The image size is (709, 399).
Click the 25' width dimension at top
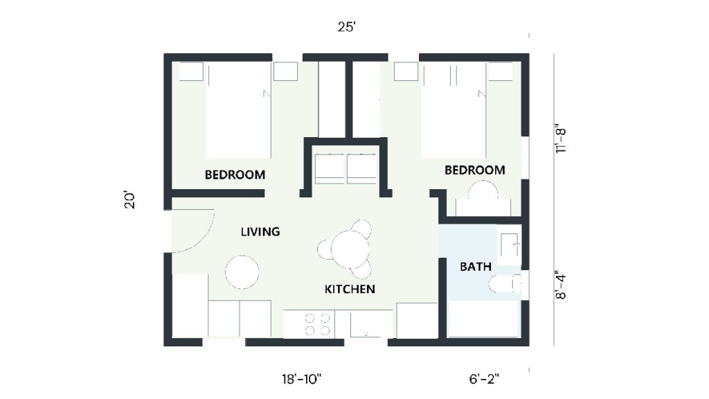(x=347, y=28)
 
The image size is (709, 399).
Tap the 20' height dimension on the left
(x=129, y=200)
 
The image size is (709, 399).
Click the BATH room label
(x=476, y=266)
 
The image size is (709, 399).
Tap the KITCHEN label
(x=350, y=289)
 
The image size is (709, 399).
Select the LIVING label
(x=260, y=231)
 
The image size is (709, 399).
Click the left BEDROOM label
(x=235, y=175)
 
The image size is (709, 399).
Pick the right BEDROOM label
(x=474, y=170)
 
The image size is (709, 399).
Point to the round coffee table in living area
(x=242, y=272)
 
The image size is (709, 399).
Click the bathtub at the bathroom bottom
(x=483, y=321)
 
